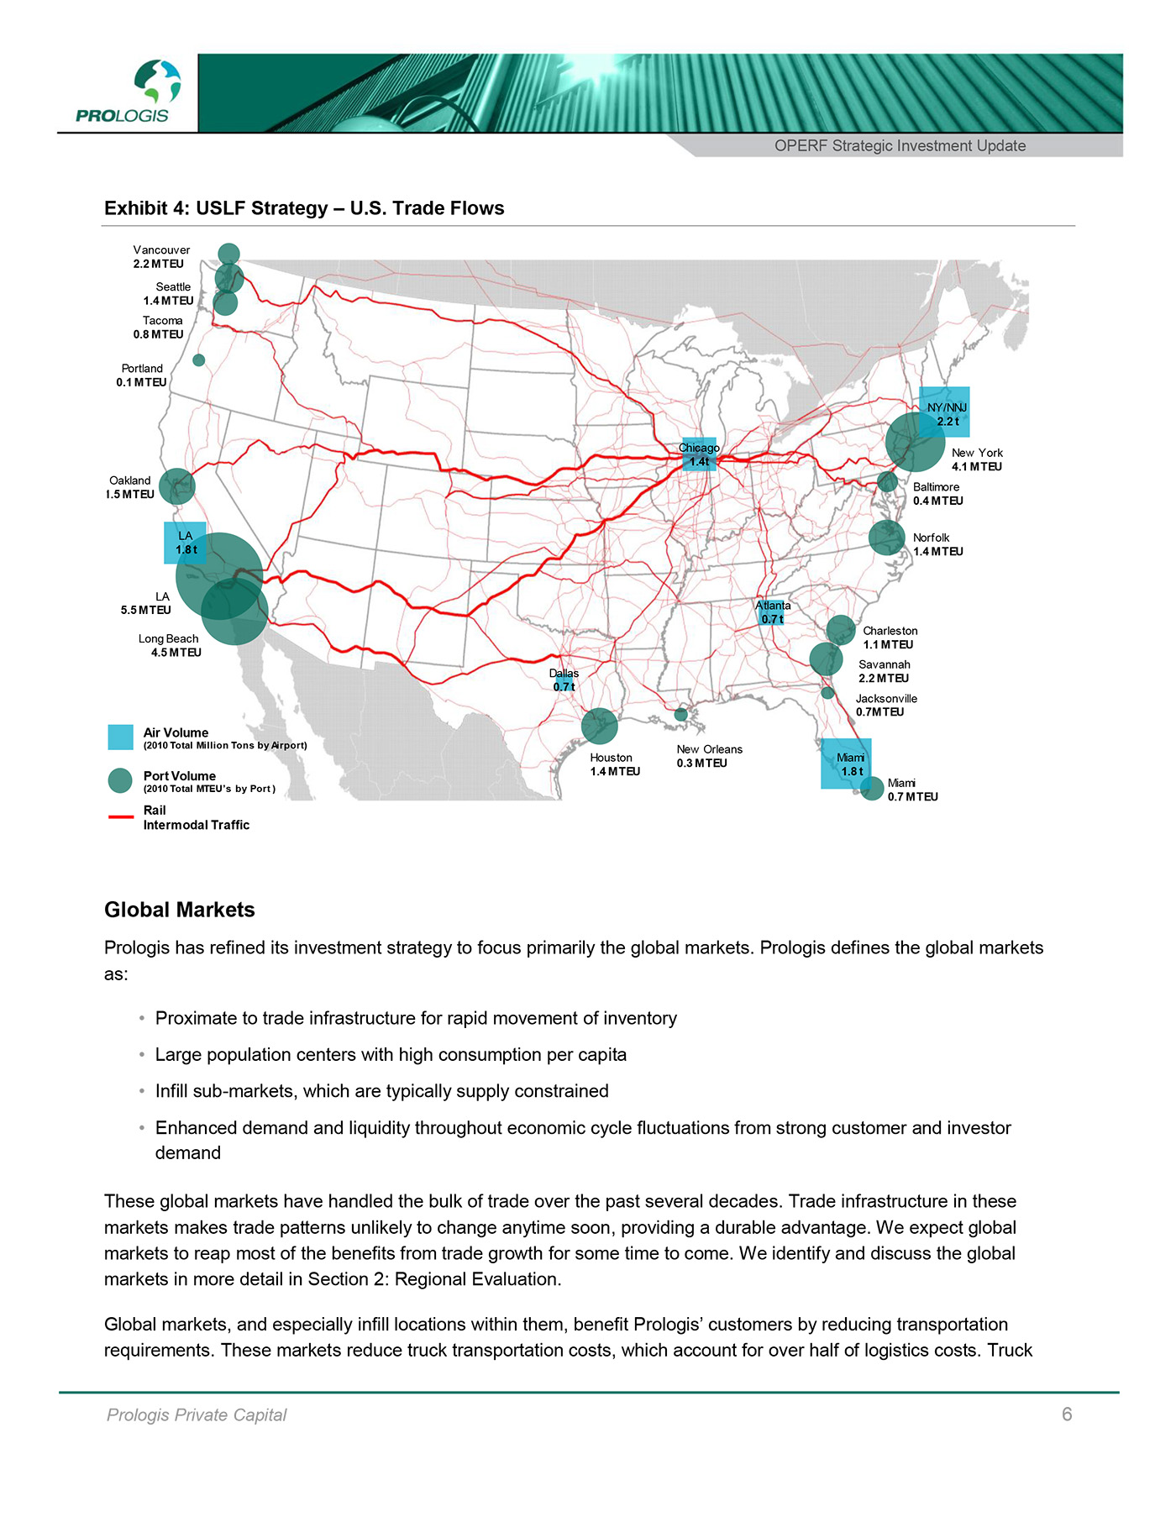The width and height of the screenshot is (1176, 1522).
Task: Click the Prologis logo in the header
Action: coord(126,92)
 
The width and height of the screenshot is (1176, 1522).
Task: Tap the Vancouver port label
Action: coord(160,256)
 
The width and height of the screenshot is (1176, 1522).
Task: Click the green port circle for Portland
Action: coord(199,360)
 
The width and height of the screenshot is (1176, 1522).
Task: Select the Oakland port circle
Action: coord(176,486)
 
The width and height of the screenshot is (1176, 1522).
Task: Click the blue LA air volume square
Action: coord(185,543)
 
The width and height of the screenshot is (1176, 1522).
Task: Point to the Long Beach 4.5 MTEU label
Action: coord(171,645)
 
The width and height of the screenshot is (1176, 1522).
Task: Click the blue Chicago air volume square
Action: coord(699,454)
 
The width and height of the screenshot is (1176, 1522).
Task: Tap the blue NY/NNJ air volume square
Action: coord(945,412)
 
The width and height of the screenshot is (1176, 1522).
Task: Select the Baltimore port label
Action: coord(937,494)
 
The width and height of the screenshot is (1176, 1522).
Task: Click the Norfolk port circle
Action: coord(886,538)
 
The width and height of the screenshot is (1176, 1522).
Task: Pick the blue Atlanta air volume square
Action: coord(772,612)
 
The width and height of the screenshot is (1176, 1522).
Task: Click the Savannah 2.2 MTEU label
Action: coord(884,671)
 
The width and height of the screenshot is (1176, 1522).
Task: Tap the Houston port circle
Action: coord(600,726)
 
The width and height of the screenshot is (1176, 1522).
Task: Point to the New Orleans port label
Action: coord(709,756)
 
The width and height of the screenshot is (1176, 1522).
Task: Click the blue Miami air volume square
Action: coord(846,764)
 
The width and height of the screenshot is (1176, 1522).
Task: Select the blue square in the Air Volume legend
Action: coord(121,737)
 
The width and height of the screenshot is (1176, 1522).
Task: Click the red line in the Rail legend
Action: coord(121,816)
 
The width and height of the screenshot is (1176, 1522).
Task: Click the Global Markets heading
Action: coord(180,910)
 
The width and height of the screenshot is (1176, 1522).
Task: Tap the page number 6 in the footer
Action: coord(1067,1414)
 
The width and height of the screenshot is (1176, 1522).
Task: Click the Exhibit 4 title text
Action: coord(304,208)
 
